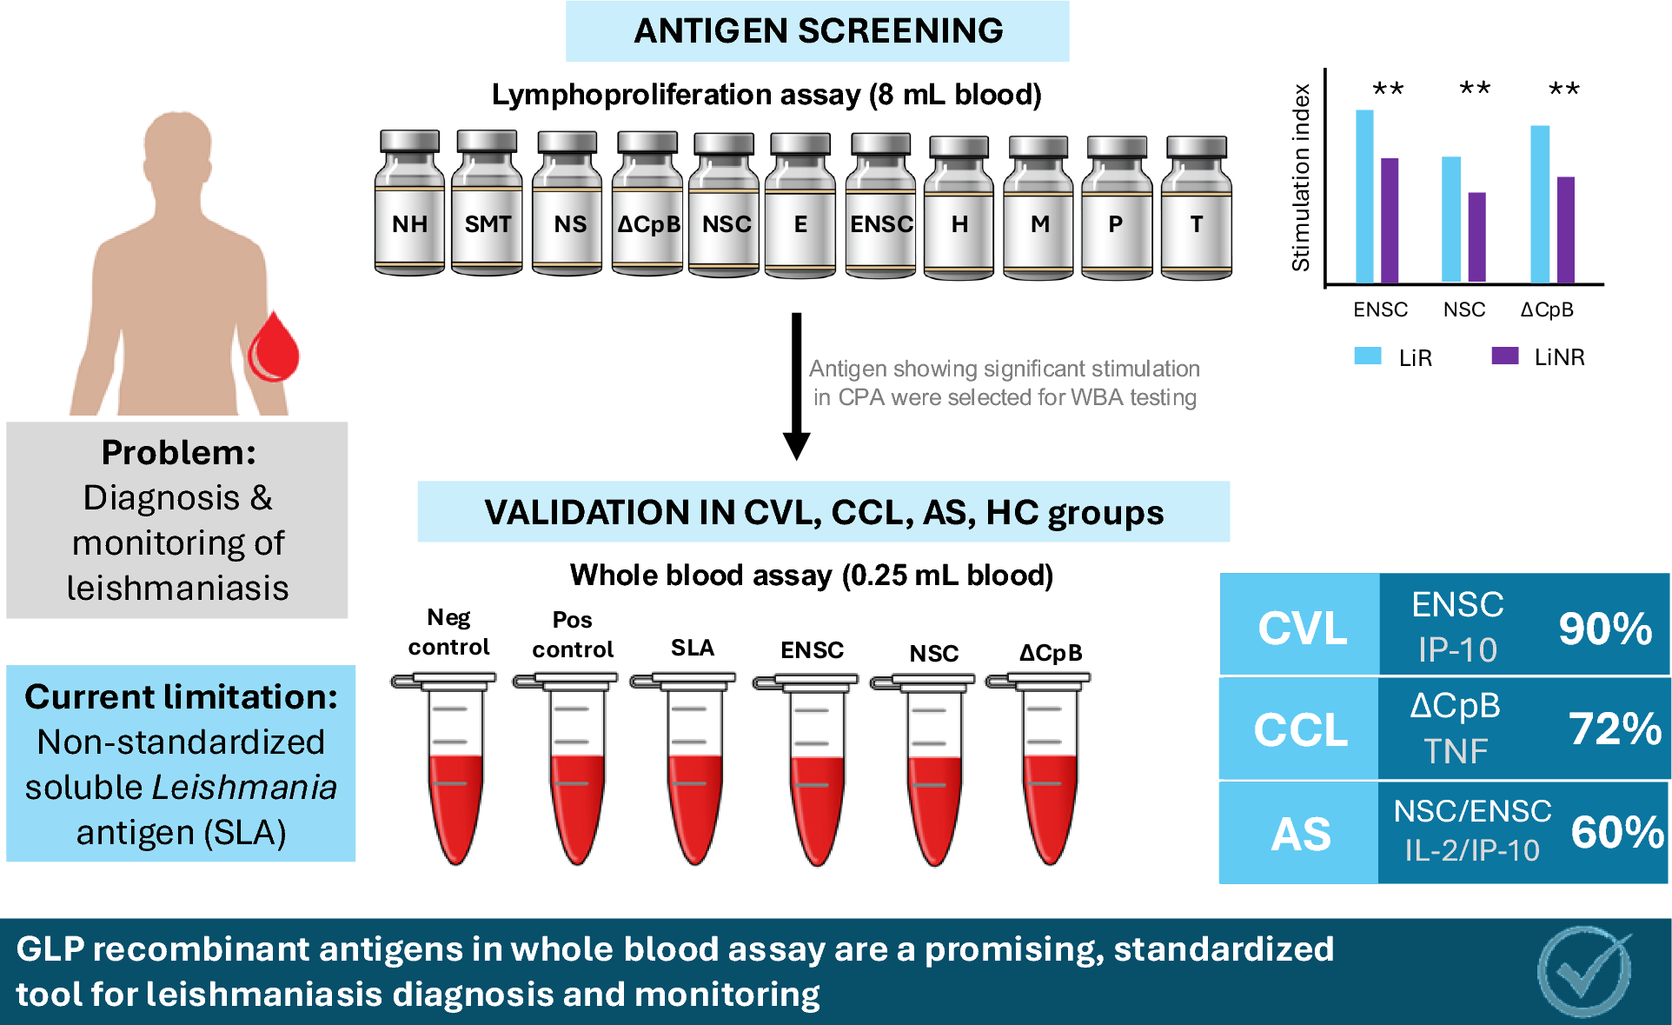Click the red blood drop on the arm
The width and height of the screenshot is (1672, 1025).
(x=274, y=348)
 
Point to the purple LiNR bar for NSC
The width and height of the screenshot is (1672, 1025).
(x=1477, y=237)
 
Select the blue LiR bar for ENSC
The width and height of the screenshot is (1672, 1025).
(x=1364, y=196)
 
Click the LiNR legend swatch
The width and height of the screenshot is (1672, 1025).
(x=1505, y=356)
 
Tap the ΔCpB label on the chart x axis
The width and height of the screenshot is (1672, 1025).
(x=1547, y=309)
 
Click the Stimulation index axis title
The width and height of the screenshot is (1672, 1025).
(x=1301, y=178)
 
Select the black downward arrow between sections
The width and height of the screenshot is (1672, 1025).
(x=796, y=386)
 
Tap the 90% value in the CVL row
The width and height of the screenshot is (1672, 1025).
(x=1605, y=628)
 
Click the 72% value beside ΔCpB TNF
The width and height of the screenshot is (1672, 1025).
(x=1615, y=729)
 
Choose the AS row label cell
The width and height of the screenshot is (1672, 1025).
(x=1300, y=833)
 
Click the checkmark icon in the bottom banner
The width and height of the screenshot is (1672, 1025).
(x=1584, y=971)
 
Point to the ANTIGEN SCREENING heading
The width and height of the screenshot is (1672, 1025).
(x=818, y=31)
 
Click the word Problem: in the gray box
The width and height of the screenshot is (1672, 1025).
(x=179, y=452)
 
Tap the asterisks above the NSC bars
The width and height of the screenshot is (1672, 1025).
(x=1475, y=88)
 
